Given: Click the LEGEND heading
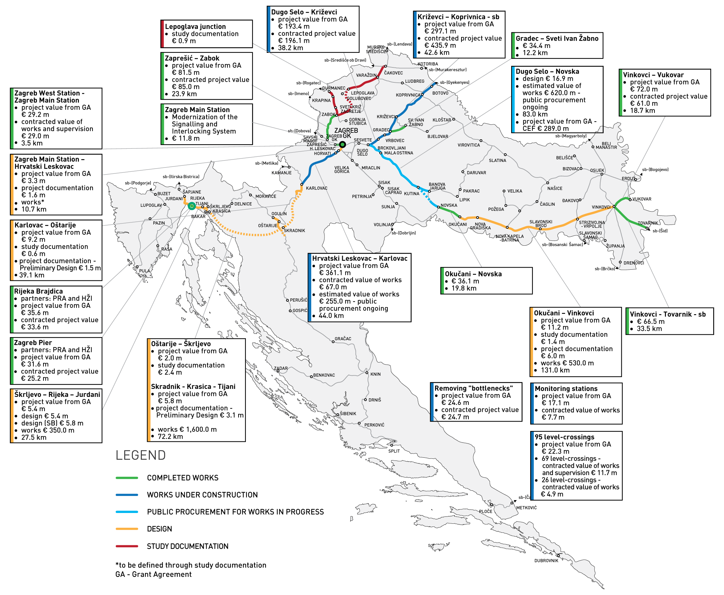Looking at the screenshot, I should coord(140,455).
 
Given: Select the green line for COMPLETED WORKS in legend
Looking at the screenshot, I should coord(127,478).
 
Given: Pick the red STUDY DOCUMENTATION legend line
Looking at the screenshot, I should coord(127,546).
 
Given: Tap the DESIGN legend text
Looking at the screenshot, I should coord(159,529).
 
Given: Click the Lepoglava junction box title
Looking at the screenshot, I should coord(195,27).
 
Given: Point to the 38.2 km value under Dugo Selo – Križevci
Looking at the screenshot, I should coord(290,48).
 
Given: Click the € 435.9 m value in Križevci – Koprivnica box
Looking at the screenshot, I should coord(440,46).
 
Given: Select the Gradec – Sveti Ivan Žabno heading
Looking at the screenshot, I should coord(557,39).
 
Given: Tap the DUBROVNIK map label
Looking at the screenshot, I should coord(546,561).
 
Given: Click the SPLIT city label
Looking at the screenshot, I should coord(394,451).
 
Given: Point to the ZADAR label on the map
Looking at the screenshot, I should coord(281,368).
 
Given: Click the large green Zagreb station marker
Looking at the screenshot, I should coord(343,145).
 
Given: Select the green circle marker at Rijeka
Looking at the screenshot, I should coord(192,206).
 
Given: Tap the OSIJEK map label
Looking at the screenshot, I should coord(597,170).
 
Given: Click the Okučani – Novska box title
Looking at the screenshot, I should coord(473,274).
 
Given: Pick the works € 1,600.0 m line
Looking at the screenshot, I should coord(187,430).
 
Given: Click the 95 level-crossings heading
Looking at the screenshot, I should coord(564,437).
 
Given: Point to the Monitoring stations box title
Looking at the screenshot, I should coord(566,389).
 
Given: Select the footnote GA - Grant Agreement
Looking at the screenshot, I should coord(153,574).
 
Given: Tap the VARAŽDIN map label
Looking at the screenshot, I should coord(366,75).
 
